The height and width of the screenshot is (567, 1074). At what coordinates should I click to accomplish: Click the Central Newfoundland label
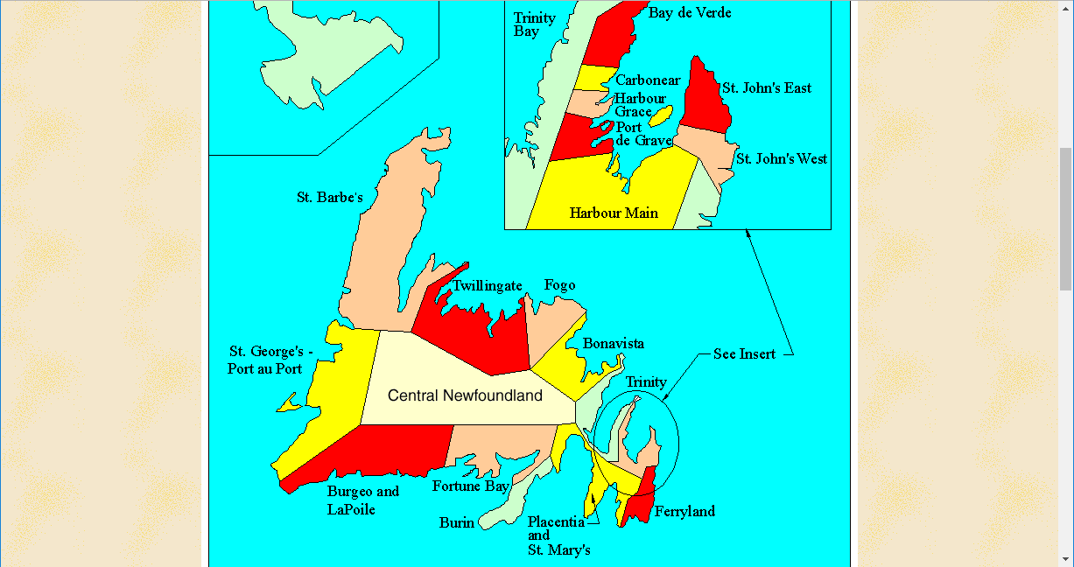465,395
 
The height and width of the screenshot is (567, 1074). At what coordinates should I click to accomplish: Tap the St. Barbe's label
329,198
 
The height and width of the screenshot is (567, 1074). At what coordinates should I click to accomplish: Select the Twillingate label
487,286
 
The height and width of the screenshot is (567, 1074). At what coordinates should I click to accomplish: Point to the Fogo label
559,285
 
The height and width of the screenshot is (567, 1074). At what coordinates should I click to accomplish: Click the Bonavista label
613,343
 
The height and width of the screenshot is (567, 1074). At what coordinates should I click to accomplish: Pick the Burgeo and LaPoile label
362,500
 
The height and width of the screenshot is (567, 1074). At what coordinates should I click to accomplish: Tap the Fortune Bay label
471,486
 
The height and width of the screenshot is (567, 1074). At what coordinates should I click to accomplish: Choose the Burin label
456,523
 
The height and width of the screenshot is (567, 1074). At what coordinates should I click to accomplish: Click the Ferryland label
684,511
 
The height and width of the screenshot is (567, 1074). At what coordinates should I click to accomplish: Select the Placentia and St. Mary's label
558,535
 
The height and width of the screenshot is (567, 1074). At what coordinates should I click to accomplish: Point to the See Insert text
744,354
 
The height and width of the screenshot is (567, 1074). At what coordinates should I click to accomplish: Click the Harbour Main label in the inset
614,213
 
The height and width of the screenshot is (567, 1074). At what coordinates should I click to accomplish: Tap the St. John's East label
766,87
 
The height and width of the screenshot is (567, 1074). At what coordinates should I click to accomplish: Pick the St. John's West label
781,159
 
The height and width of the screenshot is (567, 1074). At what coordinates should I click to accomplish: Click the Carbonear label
648,80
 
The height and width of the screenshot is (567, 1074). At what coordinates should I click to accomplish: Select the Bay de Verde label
690,12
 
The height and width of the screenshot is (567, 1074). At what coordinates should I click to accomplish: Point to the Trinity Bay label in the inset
534,24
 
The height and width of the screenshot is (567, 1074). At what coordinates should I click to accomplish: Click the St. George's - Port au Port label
270,360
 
